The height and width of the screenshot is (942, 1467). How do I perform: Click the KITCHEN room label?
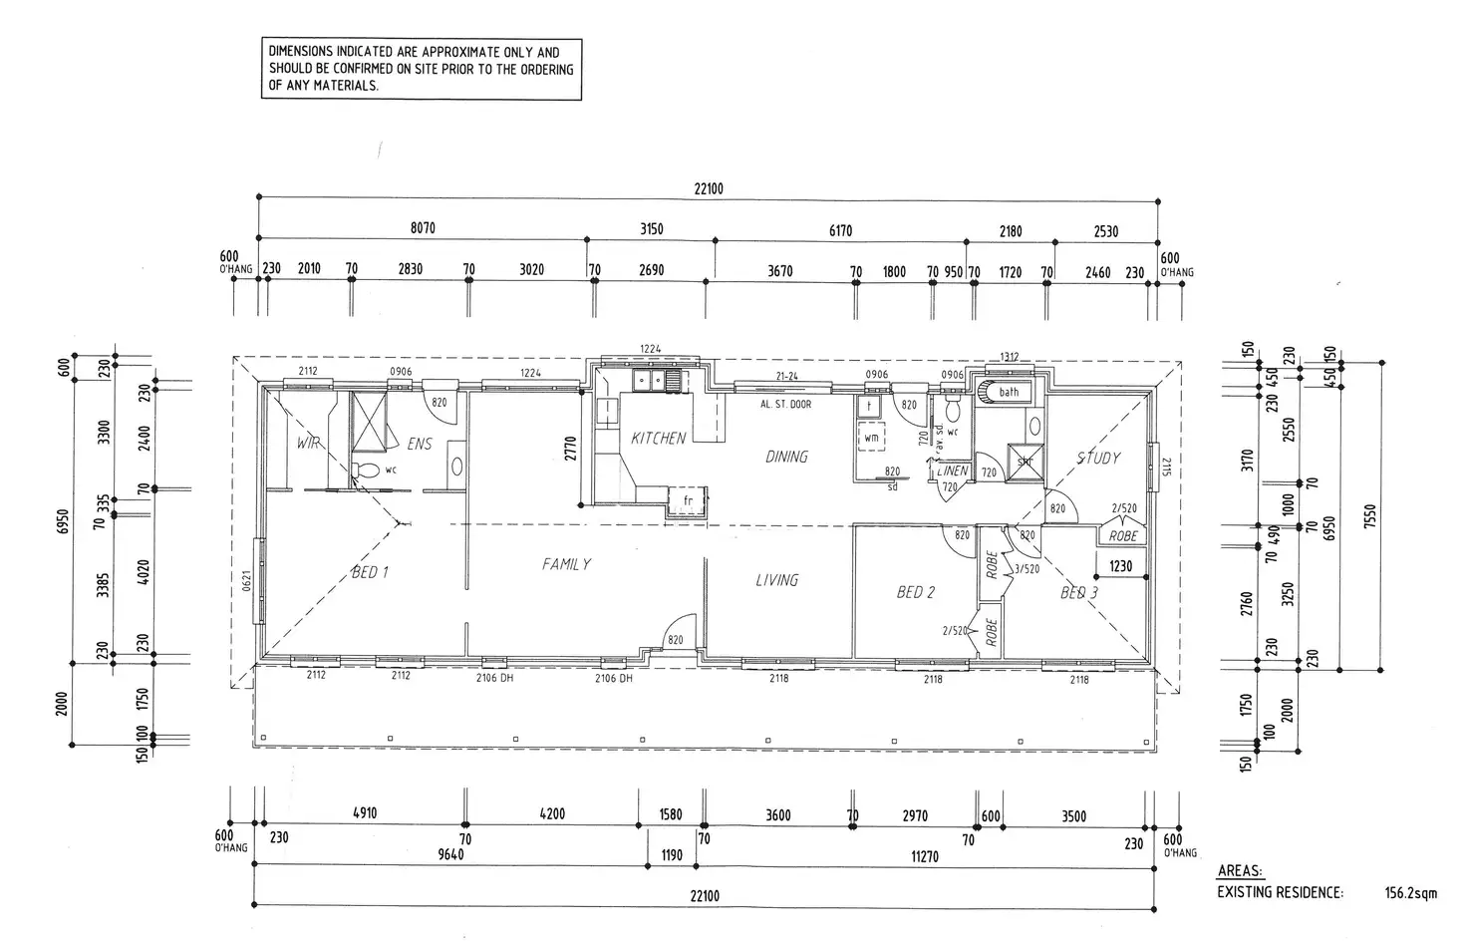click(x=658, y=438)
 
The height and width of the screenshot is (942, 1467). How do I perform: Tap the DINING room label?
click(x=786, y=457)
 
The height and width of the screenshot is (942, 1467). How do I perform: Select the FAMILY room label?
click(x=566, y=564)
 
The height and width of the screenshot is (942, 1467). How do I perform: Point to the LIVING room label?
click(x=776, y=580)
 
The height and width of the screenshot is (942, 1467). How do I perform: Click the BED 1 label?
click(x=369, y=573)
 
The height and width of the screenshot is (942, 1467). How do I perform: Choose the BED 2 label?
click(x=916, y=592)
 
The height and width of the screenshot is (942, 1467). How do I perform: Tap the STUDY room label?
click(x=1098, y=459)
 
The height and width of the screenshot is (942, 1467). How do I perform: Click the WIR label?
click(x=308, y=443)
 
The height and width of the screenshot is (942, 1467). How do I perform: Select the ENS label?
click(x=420, y=444)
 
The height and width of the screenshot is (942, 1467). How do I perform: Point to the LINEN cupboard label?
click(x=953, y=471)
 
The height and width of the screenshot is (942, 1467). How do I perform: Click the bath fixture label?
click(x=1009, y=392)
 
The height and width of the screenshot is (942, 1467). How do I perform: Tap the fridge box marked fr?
click(x=687, y=501)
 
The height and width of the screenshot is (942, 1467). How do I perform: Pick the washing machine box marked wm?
click(x=871, y=438)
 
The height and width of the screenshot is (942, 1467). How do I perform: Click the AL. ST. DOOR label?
click(x=785, y=405)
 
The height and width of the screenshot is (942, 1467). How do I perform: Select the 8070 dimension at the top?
click(x=423, y=228)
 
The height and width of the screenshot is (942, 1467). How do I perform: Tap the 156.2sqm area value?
click(x=1411, y=893)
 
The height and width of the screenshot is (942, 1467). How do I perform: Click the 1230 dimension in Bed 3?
click(x=1121, y=567)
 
